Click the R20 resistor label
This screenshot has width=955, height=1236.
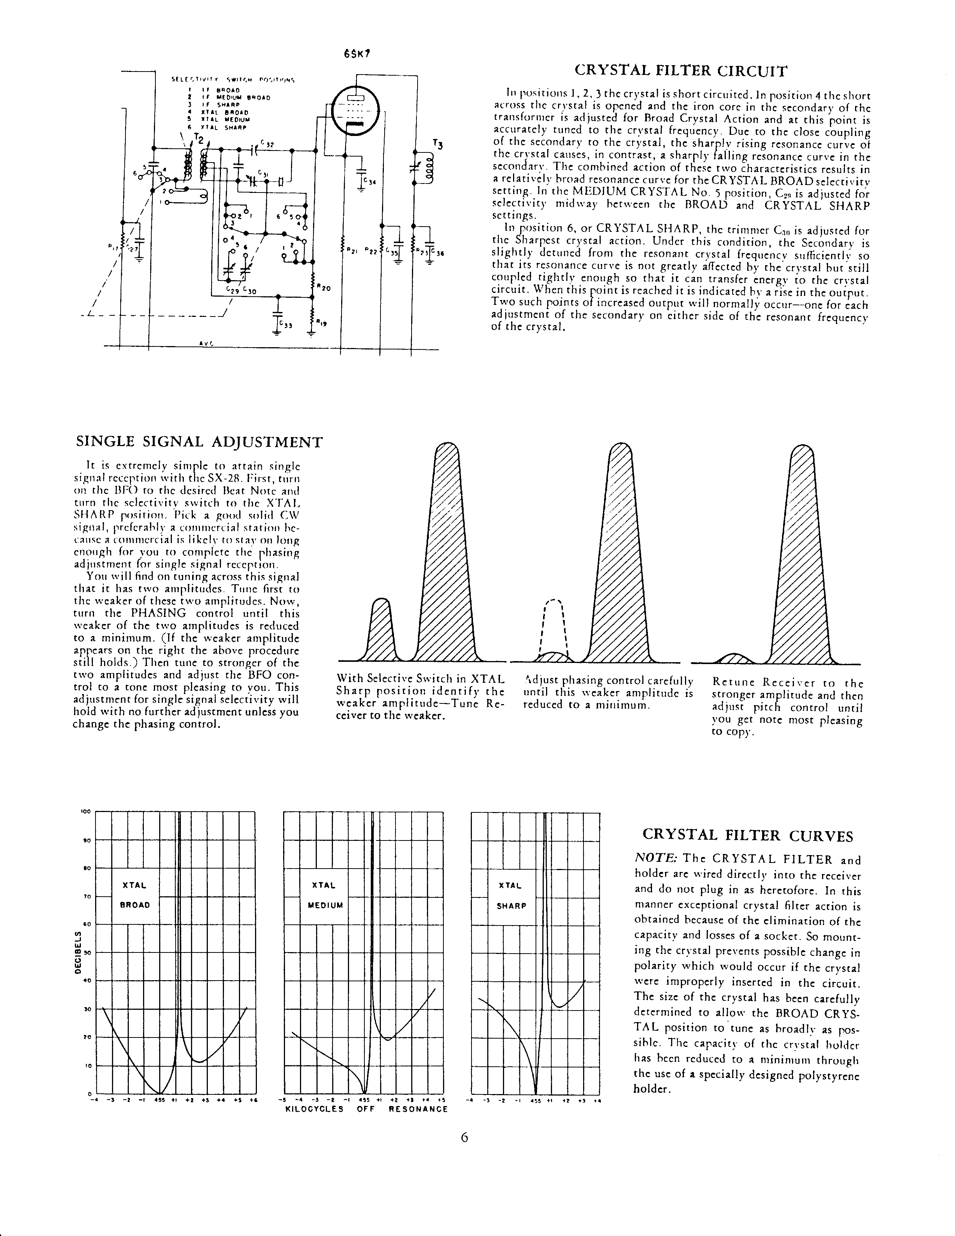324,288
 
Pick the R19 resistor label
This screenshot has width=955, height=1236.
321,323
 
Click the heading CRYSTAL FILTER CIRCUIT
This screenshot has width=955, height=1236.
680,71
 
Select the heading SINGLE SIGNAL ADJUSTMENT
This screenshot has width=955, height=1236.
199,442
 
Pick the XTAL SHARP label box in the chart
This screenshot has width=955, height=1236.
511,895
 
